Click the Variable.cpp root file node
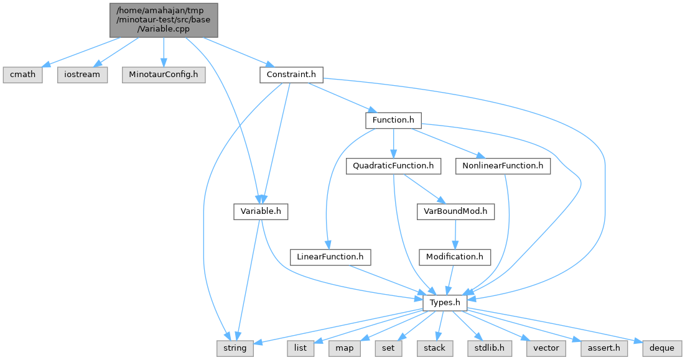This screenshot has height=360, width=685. pyautogui.click(x=163, y=20)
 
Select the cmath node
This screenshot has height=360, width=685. pyautogui.click(x=23, y=75)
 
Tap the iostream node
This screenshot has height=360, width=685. pyautogui.click(x=82, y=75)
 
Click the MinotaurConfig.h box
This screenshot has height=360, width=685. pyautogui.click(x=163, y=75)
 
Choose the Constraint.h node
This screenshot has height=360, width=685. pyautogui.click(x=291, y=75)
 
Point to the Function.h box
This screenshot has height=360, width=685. pyautogui.click(x=393, y=120)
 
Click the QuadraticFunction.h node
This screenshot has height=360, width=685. pyautogui.click(x=393, y=166)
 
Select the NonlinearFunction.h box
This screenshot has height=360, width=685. pyautogui.click(x=503, y=166)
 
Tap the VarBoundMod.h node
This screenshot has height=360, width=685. pyautogui.click(x=455, y=211)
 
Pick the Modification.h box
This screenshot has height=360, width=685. pyautogui.click(x=455, y=256)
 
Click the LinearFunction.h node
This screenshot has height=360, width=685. pyautogui.click(x=330, y=256)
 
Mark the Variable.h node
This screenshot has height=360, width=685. pyautogui.click(x=261, y=211)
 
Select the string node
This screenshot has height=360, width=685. pyautogui.click(x=235, y=348)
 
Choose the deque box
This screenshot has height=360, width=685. pyautogui.click(x=662, y=348)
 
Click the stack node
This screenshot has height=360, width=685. pyautogui.click(x=434, y=348)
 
